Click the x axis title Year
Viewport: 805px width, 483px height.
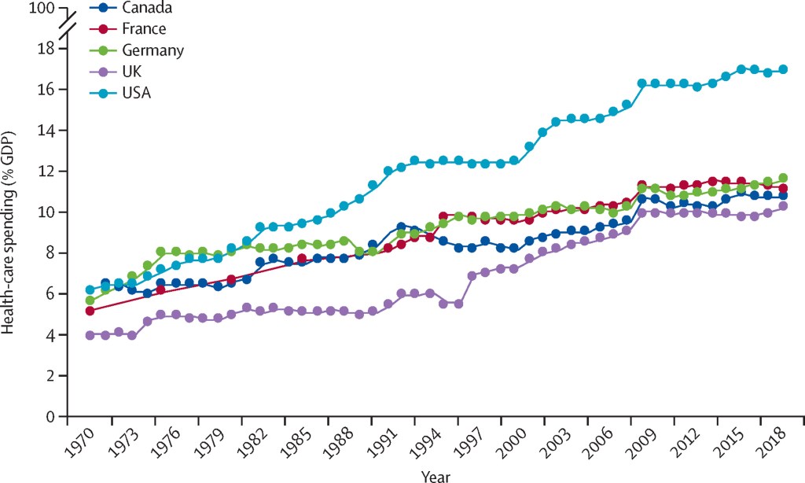[x=435, y=474]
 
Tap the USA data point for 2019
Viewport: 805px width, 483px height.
[x=783, y=70]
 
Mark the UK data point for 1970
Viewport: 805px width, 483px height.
[x=90, y=335]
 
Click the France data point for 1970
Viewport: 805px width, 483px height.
[x=90, y=311]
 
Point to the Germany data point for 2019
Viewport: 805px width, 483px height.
[x=783, y=178]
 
